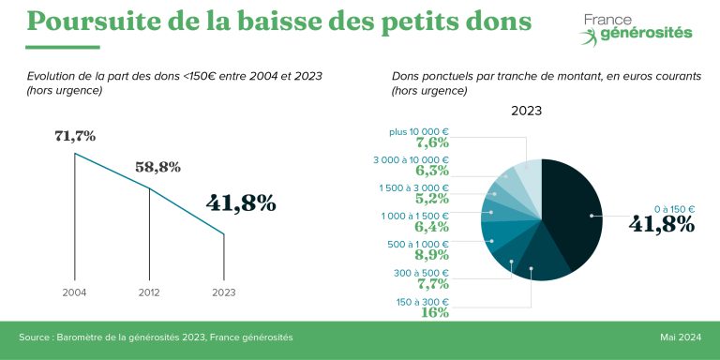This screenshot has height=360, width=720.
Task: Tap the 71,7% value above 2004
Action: click(x=75, y=137)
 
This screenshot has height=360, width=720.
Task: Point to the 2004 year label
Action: click(x=75, y=292)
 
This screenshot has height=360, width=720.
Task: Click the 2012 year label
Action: click(x=150, y=292)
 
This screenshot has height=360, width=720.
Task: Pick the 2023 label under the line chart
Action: click(x=224, y=292)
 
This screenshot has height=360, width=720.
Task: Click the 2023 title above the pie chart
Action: click(x=526, y=112)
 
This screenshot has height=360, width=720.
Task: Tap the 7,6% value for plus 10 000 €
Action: click(x=432, y=143)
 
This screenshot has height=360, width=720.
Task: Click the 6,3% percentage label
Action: click(x=432, y=172)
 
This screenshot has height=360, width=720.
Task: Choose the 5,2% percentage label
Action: click(x=432, y=200)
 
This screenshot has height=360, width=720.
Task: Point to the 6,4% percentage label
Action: click(x=432, y=227)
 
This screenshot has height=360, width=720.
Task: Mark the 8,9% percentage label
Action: click(x=432, y=255)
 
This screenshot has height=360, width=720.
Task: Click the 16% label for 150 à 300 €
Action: click(x=436, y=312)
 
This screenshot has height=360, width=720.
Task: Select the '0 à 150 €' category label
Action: click(x=676, y=209)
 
